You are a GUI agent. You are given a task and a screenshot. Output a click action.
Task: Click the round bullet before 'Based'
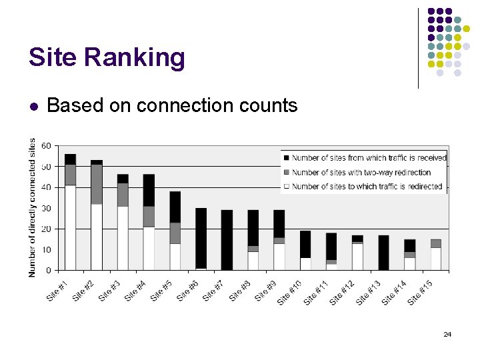pos(34,106)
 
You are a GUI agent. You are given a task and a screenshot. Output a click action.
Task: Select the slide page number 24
pos(447,334)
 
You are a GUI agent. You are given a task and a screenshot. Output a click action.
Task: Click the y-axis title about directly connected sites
pos(33,207)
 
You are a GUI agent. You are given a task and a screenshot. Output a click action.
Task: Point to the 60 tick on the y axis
pos(46,145)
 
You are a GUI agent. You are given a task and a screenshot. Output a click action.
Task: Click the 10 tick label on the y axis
pos(46,249)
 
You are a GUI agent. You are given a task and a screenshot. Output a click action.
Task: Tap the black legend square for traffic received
pos(287,158)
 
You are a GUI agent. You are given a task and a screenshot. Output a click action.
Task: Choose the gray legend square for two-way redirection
pos(287,173)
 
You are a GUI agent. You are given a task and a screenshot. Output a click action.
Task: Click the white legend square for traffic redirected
pos(287,187)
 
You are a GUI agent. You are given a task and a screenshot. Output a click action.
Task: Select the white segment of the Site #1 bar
pos(70,227)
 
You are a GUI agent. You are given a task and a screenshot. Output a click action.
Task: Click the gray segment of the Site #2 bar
pos(97,184)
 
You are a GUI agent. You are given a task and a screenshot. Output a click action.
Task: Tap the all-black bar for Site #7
pos(227,240)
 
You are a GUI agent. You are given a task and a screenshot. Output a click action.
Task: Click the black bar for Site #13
pos(383,253)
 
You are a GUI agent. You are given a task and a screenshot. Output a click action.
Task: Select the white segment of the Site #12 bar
pos(357,257)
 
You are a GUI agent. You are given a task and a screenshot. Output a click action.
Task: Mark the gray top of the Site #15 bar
pos(435,243)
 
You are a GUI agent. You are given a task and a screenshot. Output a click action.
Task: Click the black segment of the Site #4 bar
pos(149,190)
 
